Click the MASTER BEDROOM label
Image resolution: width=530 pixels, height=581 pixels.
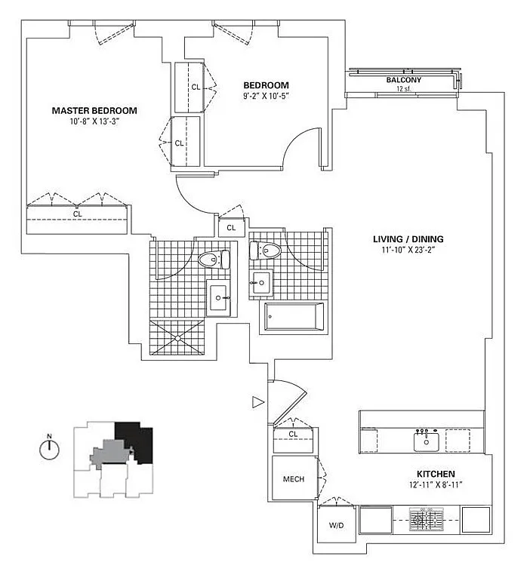pos(94,110)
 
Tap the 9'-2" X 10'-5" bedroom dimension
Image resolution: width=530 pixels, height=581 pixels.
pos(266,96)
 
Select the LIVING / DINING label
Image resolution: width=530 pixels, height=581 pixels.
pos(408,239)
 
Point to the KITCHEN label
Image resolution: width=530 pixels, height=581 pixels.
pos(436,474)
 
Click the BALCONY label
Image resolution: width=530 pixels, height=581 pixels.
pos(404,80)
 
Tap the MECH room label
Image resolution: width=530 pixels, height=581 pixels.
pos(294,479)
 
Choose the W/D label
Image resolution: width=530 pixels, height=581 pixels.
pos(336,525)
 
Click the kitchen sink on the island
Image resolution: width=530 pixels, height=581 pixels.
pos(427,441)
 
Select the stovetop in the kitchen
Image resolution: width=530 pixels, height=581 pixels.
pos(427,519)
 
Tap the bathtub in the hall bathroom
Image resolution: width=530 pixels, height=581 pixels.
pos(294,316)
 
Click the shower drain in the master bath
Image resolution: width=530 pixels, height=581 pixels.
pos(178,338)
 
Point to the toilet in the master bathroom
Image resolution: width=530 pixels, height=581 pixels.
pos(214,259)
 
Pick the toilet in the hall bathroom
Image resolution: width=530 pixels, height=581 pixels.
pos(265,251)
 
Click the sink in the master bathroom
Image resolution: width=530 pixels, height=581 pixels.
pos(218,297)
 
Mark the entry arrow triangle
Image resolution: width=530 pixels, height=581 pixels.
pos(258,402)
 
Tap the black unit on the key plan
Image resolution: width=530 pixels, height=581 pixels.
pos(135,441)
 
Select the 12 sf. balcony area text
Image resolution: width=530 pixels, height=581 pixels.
pos(404,88)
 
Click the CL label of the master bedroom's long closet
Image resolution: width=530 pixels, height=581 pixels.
pos(77,214)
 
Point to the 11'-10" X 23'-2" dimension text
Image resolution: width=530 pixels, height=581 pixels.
pos(408,250)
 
